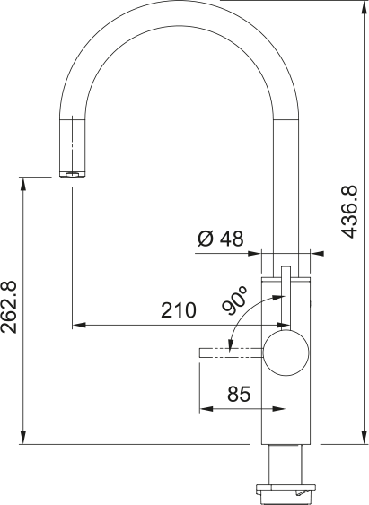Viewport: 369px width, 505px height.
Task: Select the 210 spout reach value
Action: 179,311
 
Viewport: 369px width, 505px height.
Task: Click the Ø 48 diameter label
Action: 219,239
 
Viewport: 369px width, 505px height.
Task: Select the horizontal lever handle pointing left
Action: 230,353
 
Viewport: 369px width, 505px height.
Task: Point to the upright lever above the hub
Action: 285,296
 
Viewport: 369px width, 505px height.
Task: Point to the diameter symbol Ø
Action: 204,239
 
